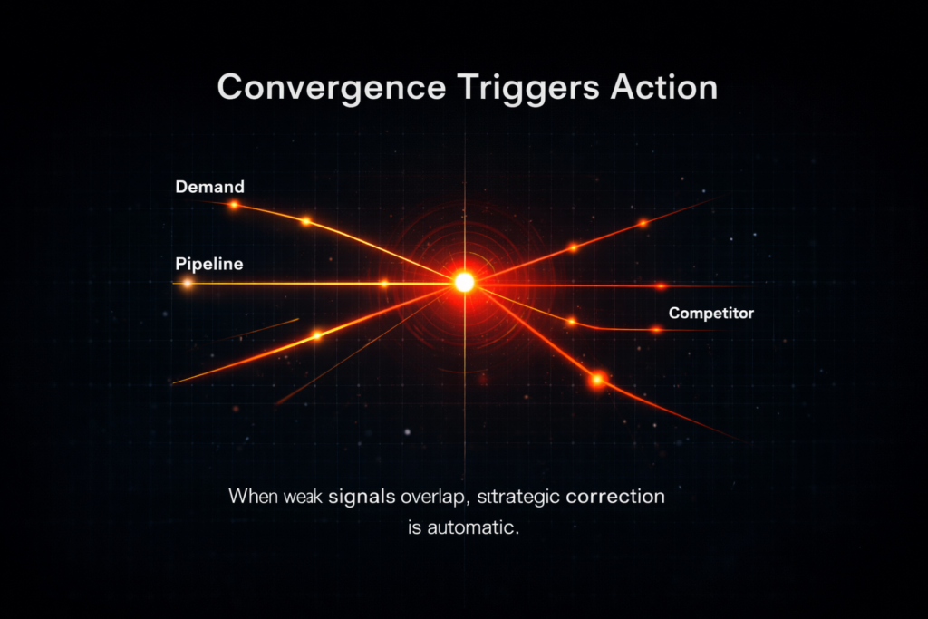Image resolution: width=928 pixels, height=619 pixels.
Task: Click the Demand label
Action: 209,187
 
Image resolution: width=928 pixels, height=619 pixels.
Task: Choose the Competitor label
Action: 710,314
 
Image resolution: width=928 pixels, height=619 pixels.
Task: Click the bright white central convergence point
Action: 464,282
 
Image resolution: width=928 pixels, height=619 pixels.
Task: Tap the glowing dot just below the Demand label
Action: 234,206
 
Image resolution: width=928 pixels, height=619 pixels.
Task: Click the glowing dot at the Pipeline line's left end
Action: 188,284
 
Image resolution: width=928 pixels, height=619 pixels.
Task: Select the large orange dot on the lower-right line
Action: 597,380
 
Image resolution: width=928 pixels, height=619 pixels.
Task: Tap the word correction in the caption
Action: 614,498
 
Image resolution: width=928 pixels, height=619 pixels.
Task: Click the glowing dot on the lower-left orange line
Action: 316,335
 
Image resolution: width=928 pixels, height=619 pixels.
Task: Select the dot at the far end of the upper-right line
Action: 643,222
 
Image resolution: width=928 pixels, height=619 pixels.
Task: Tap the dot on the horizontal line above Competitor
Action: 659,286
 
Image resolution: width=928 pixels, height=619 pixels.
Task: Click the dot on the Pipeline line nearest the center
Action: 384,284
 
